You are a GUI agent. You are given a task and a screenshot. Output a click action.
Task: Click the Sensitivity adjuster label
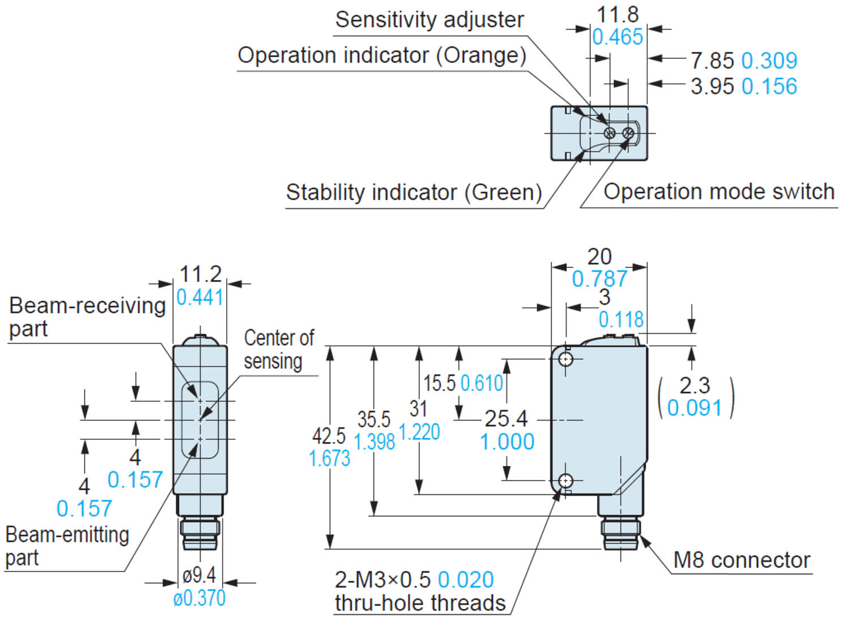click(x=429, y=20)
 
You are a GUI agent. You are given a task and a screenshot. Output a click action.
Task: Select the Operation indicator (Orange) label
click(x=381, y=56)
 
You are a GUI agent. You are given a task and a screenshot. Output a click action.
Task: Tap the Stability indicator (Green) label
click(x=414, y=192)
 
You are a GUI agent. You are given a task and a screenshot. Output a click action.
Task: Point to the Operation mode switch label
click(x=719, y=192)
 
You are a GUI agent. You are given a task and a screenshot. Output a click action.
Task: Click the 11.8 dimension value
click(x=617, y=15)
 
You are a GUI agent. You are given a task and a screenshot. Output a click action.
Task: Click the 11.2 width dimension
click(x=200, y=274)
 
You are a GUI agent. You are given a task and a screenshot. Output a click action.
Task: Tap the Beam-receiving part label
click(x=87, y=317)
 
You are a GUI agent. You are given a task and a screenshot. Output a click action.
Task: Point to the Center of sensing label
click(x=278, y=349)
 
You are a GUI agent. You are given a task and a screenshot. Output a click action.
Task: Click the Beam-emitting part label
click(x=67, y=546)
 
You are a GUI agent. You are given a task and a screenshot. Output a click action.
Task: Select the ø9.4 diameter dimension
click(x=199, y=575)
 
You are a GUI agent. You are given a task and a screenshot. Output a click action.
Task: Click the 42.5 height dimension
click(x=329, y=436)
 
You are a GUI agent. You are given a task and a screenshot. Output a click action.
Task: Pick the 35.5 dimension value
click(x=373, y=419)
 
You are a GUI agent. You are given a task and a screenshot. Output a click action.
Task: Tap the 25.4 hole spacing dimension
click(x=505, y=419)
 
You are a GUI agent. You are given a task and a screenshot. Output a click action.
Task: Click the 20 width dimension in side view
click(x=599, y=257)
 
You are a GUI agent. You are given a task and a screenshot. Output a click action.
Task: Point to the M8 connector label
click(x=741, y=560)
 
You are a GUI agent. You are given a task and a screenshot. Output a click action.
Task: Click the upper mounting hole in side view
click(x=566, y=359)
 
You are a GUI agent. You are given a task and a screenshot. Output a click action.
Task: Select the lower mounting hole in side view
click(x=566, y=481)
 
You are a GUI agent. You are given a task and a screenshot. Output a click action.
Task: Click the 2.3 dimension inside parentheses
click(x=694, y=385)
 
